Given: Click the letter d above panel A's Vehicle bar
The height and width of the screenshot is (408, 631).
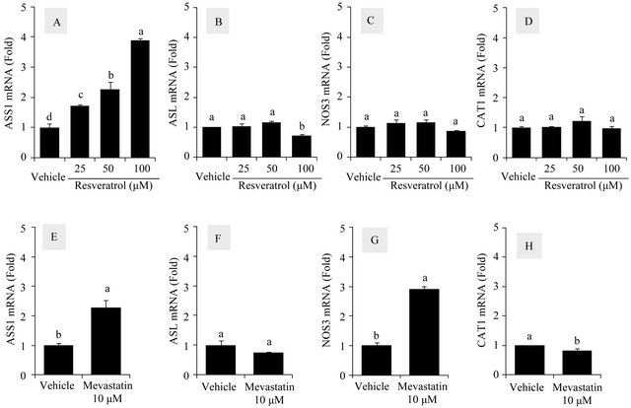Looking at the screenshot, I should tap(48, 118).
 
